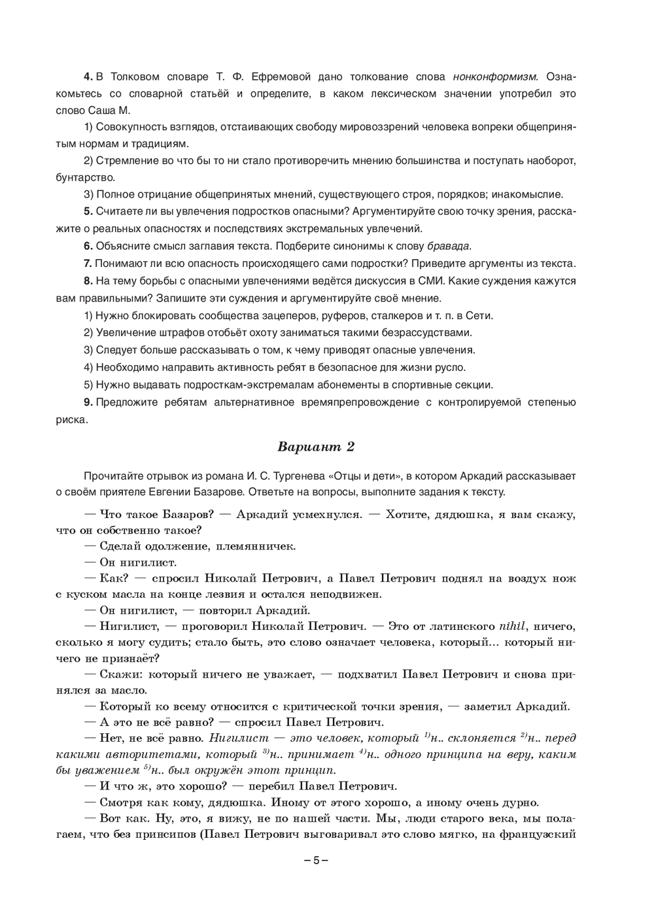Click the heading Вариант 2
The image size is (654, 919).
[x=316, y=447]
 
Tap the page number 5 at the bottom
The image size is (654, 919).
[x=316, y=860]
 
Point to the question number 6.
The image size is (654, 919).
[x=88, y=246]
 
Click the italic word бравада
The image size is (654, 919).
[x=448, y=246]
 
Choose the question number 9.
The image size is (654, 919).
[x=88, y=402]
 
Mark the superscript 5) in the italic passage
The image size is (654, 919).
[x=147, y=768]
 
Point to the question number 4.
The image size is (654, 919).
[x=88, y=77]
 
